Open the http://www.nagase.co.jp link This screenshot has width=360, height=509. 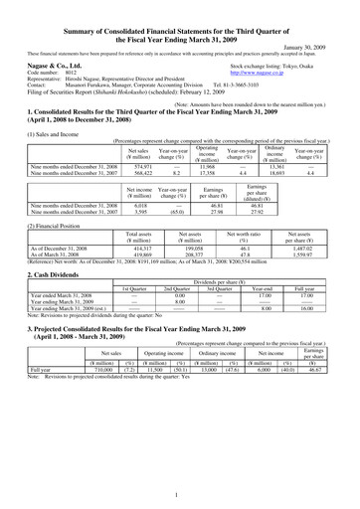click(x=282, y=70)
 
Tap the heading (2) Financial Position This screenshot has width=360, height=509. click(x=36, y=212)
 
